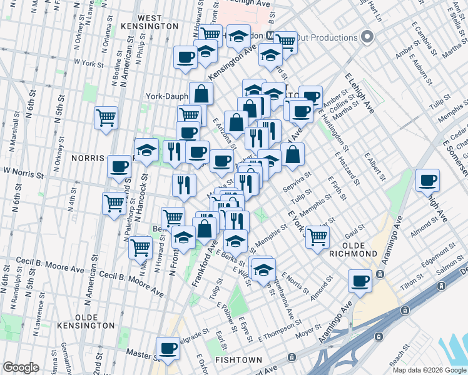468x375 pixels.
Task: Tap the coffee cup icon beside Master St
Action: coord(167,348)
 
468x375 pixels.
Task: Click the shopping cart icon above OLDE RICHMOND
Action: coord(318,236)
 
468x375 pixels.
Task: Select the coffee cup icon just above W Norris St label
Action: coord(119,167)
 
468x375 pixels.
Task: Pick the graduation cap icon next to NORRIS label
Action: coord(146,151)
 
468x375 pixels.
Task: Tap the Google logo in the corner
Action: coord(21,367)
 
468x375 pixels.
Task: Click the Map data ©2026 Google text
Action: coord(429,370)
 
